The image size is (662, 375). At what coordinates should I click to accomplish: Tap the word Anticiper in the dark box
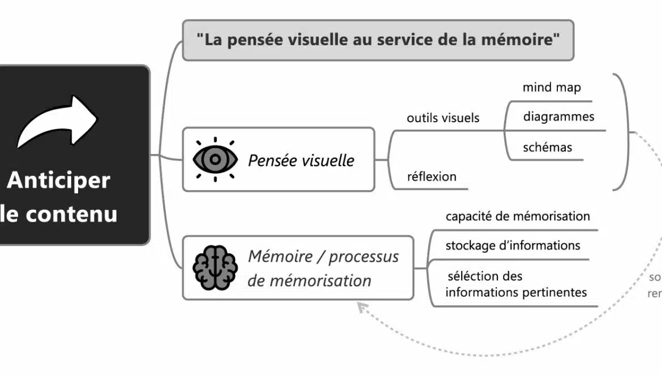coord(58,180)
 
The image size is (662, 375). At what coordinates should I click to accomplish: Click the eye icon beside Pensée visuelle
coord(214,160)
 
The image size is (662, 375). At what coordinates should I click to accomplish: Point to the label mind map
coord(551,88)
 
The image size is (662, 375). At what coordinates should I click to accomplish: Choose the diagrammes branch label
coord(558,117)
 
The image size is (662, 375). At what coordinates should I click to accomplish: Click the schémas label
coord(547,148)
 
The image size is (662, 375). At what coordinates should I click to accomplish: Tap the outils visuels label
coord(443,118)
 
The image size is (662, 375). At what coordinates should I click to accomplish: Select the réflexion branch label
coord(431,176)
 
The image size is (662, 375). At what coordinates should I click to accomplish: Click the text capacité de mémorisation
coord(517,216)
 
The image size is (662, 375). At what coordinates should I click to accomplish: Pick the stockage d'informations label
coord(513,245)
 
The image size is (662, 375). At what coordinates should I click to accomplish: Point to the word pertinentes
coord(557,292)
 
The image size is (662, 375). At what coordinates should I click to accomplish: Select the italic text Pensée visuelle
coord(301,160)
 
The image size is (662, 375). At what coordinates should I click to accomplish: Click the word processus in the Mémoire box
coord(364,256)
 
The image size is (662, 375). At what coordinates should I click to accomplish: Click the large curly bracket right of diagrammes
coord(625,131)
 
